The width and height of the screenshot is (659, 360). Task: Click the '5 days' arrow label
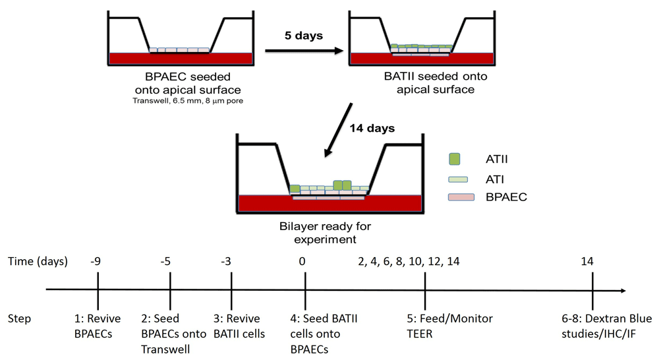(x=303, y=36)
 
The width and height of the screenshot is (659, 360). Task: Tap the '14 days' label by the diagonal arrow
(x=372, y=128)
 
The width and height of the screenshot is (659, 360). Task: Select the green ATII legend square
(x=454, y=159)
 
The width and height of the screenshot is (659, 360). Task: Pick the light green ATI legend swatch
(x=458, y=179)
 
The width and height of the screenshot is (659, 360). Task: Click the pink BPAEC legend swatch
(x=461, y=197)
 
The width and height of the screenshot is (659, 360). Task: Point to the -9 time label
(x=96, y=262)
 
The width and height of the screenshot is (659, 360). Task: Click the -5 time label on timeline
(x=165, y=262)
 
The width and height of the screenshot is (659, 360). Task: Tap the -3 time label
(x=225, y=262)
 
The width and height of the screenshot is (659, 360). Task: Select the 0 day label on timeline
(x=302, y=262)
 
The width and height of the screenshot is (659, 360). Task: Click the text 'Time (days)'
(x=38, y=262)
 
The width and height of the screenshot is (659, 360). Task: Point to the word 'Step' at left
(x=19, y=318)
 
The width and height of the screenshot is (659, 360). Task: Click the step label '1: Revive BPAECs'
(x=98, y=326)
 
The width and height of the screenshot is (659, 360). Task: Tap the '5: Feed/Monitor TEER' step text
(x=449, y=326)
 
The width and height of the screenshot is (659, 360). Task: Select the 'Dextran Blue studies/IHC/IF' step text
(x=606, y=326)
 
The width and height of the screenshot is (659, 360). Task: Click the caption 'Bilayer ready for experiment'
(x=326, y=233)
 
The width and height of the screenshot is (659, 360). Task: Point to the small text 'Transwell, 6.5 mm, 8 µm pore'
(x=188, y=101)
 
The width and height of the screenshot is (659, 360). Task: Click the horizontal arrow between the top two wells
(x=304, y=51)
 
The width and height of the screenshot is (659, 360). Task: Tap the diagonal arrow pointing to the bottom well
(x=339, y=129)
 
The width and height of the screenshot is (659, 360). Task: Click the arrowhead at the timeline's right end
(x=623, y=290)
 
